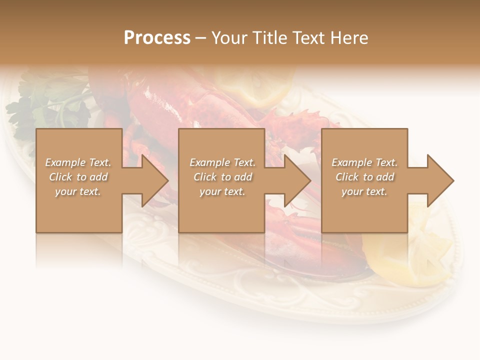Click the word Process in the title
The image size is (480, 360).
tap(157, 37)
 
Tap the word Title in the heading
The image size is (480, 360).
tap(266, 37)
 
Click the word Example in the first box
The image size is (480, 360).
tap(65, 162)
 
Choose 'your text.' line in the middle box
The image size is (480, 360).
tap(222, 191)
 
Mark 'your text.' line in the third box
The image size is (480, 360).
tap(364, 191)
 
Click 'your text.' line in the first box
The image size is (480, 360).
tap(77, 191)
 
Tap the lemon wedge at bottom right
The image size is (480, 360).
tap(395, 255)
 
